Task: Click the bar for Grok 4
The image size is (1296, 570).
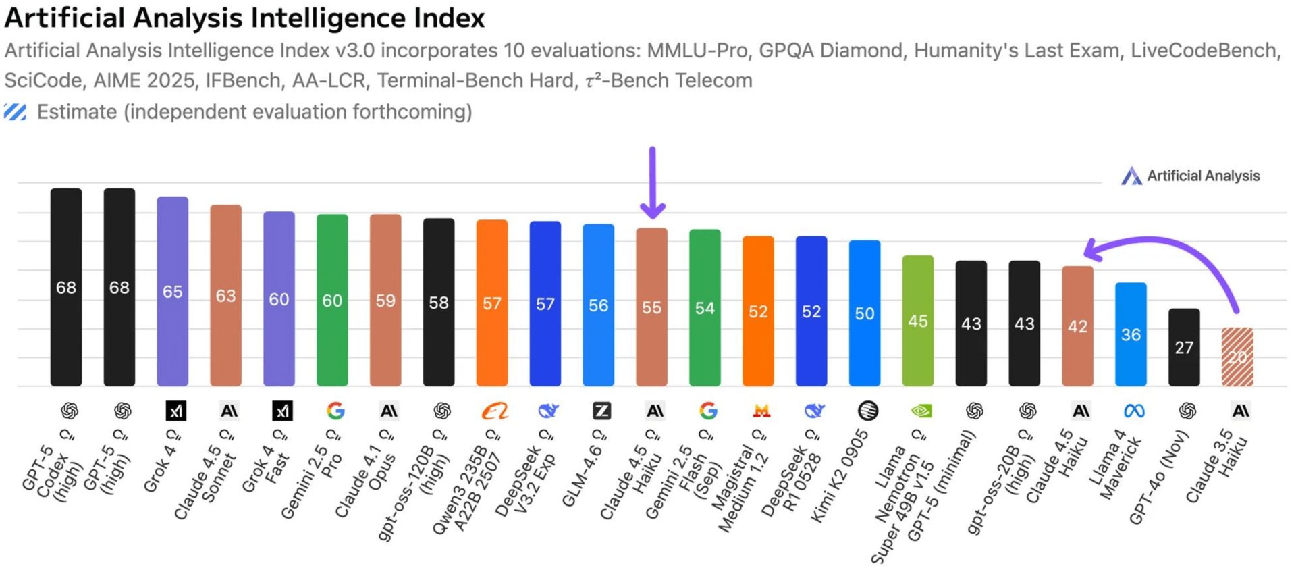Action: (x=172, y=291)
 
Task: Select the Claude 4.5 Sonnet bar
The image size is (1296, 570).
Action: (x=225, y=295)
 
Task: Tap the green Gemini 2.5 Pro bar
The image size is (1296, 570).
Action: (x=332, y=300)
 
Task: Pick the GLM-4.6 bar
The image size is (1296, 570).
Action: (x=598, y=305)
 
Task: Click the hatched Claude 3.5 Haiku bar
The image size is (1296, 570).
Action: (x=1237, y=357)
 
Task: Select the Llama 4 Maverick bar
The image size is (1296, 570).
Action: (x=1131, y=334)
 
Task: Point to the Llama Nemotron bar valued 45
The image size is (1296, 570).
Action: (x=918, y=321)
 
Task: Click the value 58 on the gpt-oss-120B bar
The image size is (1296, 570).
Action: (x=439, y=303)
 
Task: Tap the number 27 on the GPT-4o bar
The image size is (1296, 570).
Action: (x=1184, y=348)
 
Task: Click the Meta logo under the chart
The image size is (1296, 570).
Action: (x=1134, y=411)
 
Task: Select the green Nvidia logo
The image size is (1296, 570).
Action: (x=921, y=411)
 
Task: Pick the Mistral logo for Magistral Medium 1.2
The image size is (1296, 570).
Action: (x=761, y=411)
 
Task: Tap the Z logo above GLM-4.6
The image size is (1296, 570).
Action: (x=601, y=411)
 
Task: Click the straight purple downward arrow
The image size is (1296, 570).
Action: (x=652, y=182)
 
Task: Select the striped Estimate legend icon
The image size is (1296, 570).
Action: (x=16, y=112)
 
